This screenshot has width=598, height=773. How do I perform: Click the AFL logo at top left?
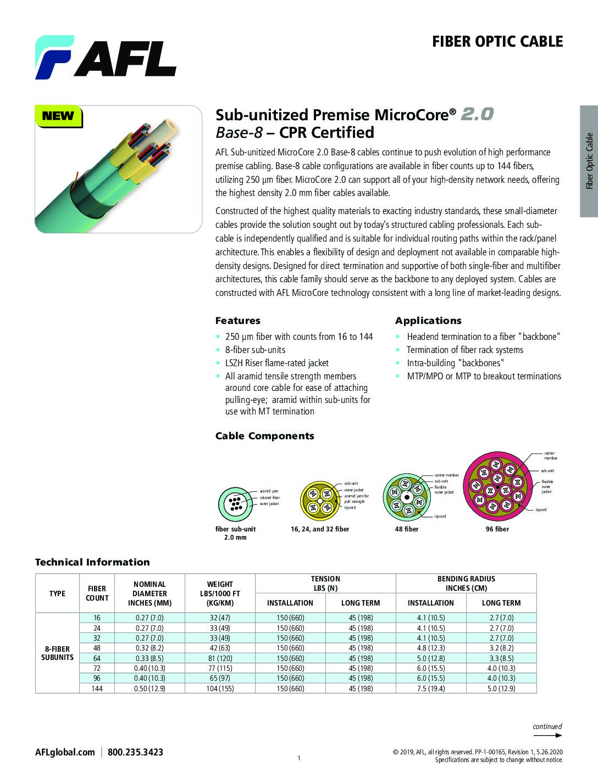(x=106, y=57)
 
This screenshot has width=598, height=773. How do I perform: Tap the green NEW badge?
(x=58, y=116)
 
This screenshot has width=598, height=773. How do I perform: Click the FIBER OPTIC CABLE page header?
(x=497, y=42)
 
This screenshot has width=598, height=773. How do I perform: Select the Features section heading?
(x=237, y=321)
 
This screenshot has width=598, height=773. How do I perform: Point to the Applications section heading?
(x=428, y=321)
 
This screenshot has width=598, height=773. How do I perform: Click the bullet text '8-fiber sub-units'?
(x=255, y=350)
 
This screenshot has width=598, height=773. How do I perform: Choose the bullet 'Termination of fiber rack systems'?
(x=464, y=350)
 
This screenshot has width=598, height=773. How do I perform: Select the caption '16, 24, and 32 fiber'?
(x=319, y=529)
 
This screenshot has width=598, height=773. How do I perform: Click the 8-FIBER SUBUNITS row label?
(x=57, y=653)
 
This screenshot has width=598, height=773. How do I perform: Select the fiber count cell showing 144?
(x=97, y=688)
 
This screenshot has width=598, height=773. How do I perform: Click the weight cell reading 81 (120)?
(x=220, y=658)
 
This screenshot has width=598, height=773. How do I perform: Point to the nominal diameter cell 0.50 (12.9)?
(x=149, y=688)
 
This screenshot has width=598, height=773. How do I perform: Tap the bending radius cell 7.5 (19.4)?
(x=431, y=688)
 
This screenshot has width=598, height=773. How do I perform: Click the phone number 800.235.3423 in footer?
(x=135, y=752)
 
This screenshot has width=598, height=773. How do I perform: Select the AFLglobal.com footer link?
(x=65, y=752)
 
